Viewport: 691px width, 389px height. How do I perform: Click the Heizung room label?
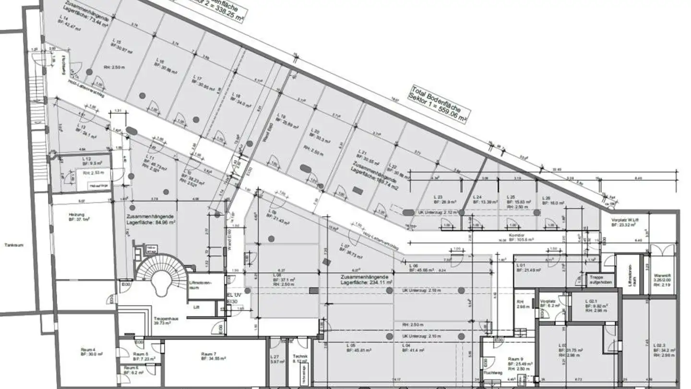(77, 216)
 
